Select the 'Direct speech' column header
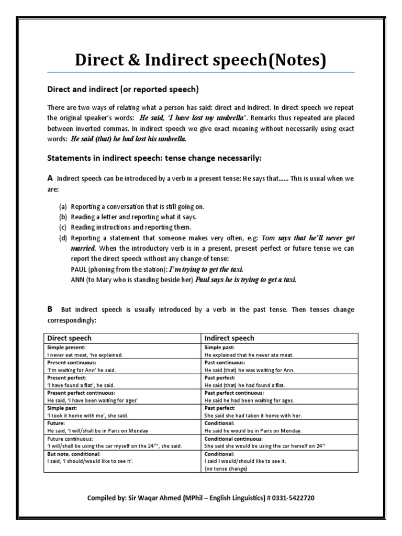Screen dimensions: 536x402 [70, 338]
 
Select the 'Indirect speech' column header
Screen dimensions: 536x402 [229, 338]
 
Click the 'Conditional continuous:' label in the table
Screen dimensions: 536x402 [234, 438]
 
